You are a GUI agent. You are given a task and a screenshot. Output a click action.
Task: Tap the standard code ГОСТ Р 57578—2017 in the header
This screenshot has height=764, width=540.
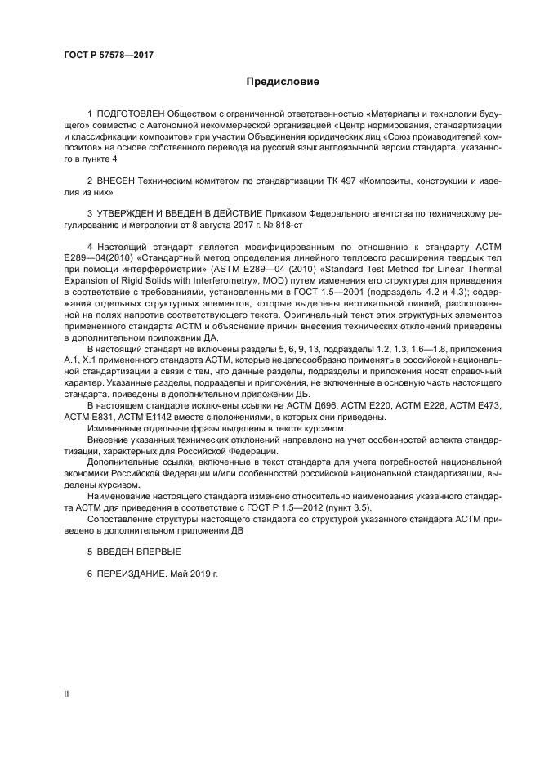click(x=109, y=55)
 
